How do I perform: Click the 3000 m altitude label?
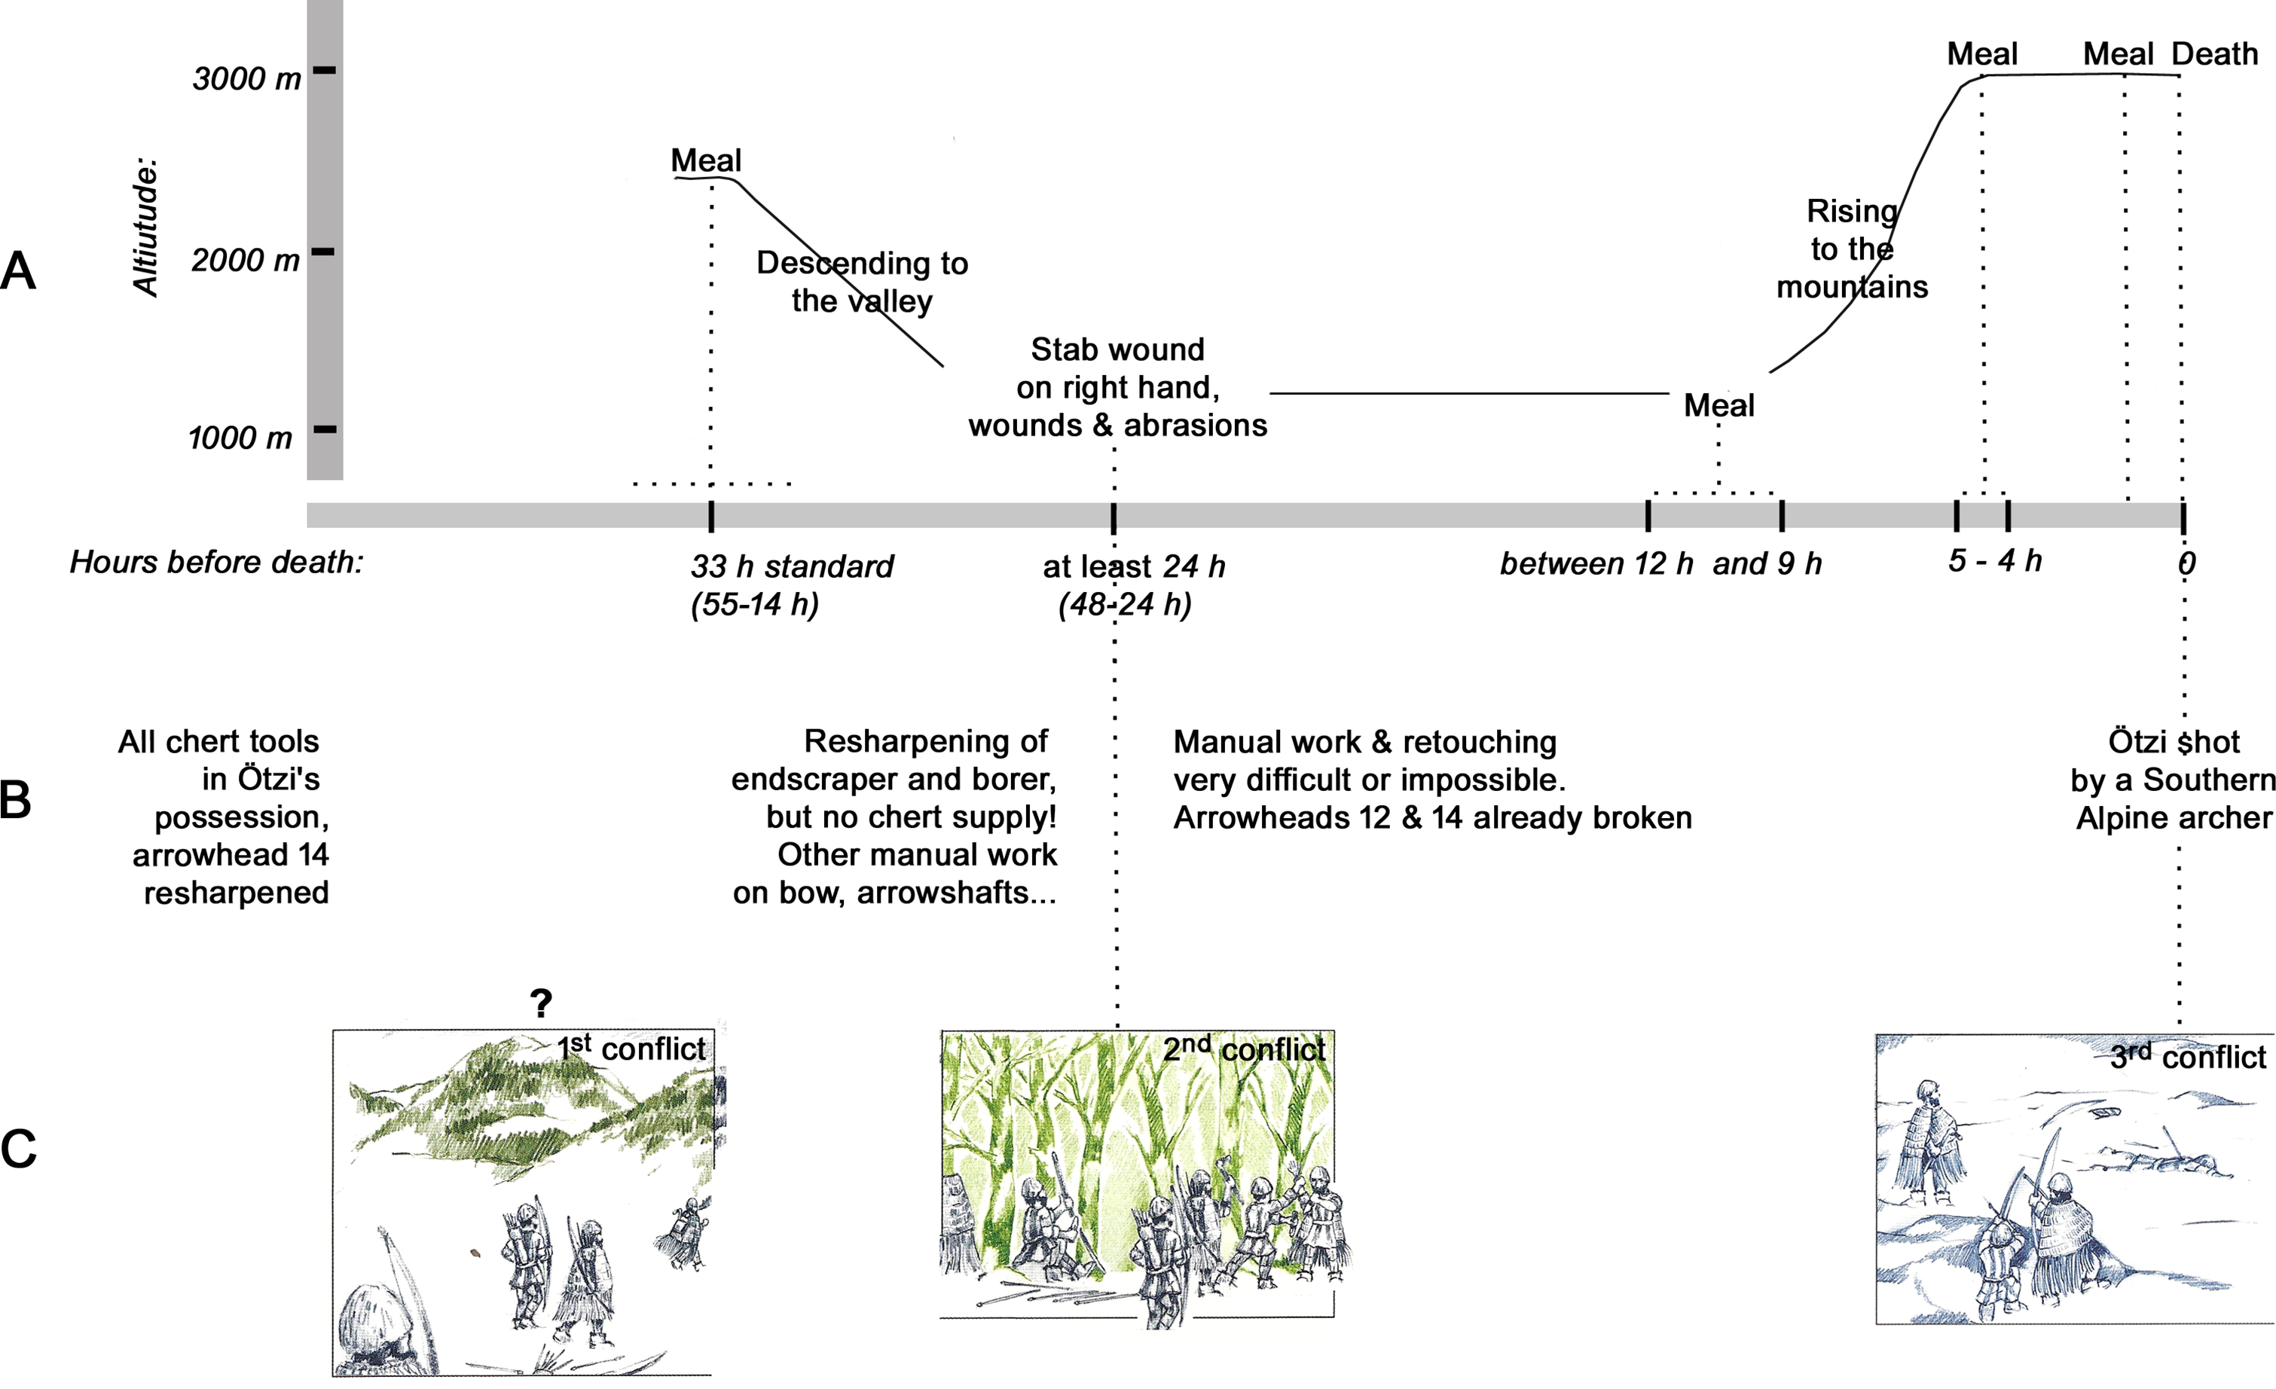click(246, 79)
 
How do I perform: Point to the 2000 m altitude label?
click(246, 261)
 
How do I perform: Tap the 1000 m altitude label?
click(240, 438)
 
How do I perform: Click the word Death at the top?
click(2214, 54)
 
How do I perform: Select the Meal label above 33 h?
click(706, 160)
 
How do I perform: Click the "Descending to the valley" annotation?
click(862, 282)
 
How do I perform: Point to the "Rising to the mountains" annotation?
click(1852, 249)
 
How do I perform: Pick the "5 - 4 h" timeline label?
click(1994, 560)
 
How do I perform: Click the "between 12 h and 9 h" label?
click(1660, 563)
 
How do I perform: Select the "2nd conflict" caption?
click(1243, 1049)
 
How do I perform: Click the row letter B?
click(16, 800)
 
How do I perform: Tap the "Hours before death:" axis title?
click(217, 561)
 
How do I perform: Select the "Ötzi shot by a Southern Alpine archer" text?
click(2173, 780)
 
